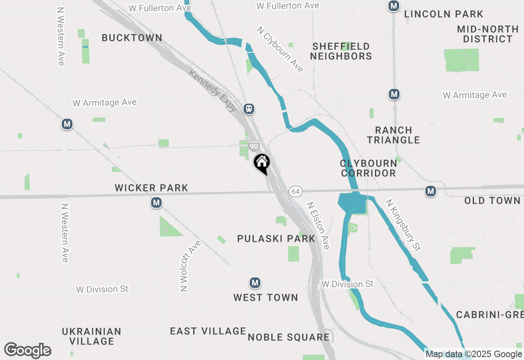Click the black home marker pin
click(x=262, y=163)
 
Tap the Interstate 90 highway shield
click(x=254, y=146)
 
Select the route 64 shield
click(x=296, y=191)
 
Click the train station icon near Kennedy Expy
click(x=248, y=109)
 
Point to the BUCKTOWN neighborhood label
click(x=132, y=38)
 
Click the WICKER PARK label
click(x=151, y=188)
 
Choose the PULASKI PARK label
click(x=276, y=239)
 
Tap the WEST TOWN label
click(x=266, y=297)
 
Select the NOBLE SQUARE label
click(x=289, y=337)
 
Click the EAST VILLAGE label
click(x=208, y=331)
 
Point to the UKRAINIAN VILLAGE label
click(x=92, y=336)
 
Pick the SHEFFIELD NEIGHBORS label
click(x=341, y=51)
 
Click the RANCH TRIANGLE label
click(x=393, y=135)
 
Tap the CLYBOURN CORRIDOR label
click(x=368, y=168)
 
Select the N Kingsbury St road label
click(x=403, y=225)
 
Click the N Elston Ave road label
click(x=318, y=225)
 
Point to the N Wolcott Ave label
click(x=191, y=266)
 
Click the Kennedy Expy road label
click(x=213, y=90)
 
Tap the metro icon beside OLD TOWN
click(x=430, y=191)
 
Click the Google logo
click(x=27, y=351)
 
